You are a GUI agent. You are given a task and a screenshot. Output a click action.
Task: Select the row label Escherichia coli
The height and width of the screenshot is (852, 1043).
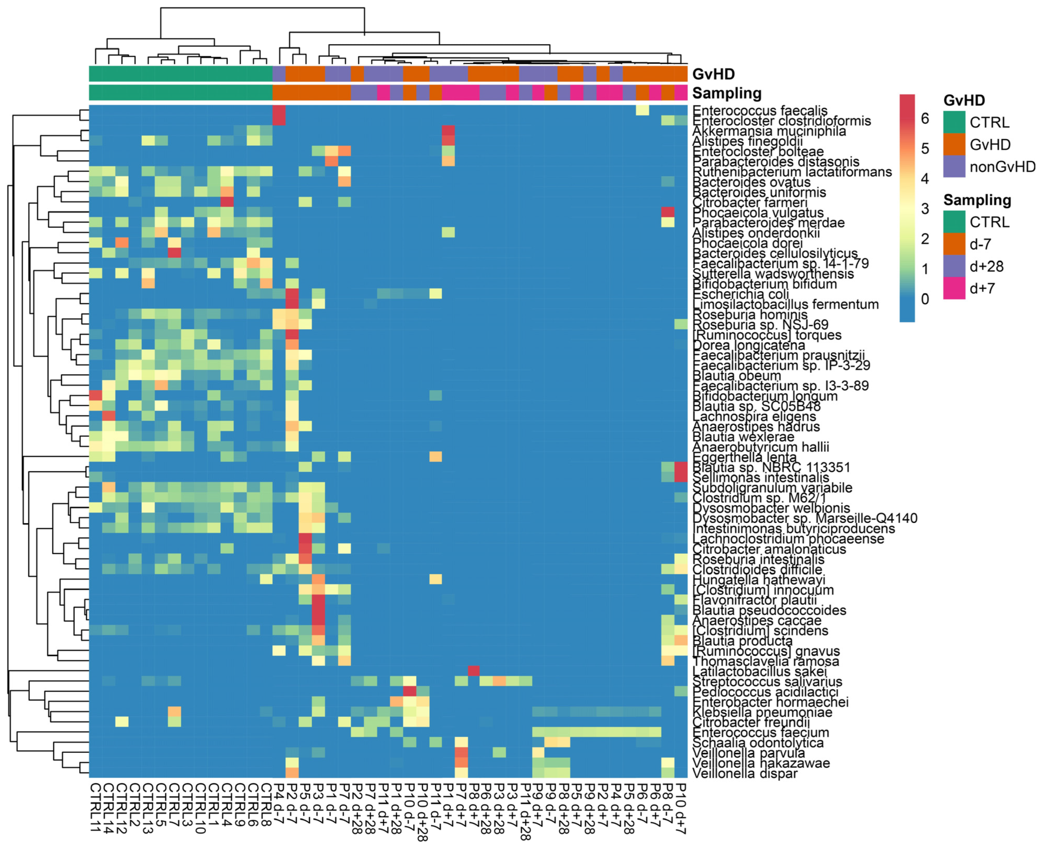pos(740,295)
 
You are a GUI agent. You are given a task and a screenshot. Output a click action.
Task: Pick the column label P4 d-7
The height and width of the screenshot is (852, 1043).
pos(279,801)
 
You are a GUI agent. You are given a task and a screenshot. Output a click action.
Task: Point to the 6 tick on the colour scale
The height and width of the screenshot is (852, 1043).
pos(925,118)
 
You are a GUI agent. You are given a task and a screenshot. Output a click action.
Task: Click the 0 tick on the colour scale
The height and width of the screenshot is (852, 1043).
pos(925,299)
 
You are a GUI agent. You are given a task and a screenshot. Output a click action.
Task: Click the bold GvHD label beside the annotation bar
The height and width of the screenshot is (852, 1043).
pos(713,74)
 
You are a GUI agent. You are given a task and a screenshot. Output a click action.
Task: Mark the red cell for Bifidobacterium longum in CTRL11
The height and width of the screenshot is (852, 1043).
pos(96,396)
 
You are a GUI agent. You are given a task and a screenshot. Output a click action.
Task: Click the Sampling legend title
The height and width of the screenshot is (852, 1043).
pos(977,200)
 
